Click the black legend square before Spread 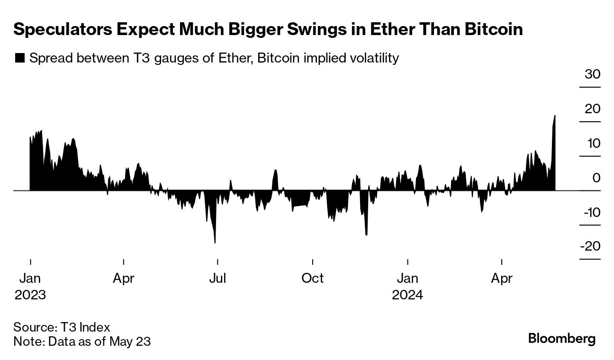19,58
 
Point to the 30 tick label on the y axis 592,74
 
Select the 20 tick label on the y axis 592,109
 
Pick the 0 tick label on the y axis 596,178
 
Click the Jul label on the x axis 217,278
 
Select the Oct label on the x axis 312,278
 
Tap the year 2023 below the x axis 30,295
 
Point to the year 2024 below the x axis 407,295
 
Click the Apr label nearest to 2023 124,278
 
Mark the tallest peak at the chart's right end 555,116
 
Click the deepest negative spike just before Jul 215,242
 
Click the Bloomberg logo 561,339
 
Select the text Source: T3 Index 62,327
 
